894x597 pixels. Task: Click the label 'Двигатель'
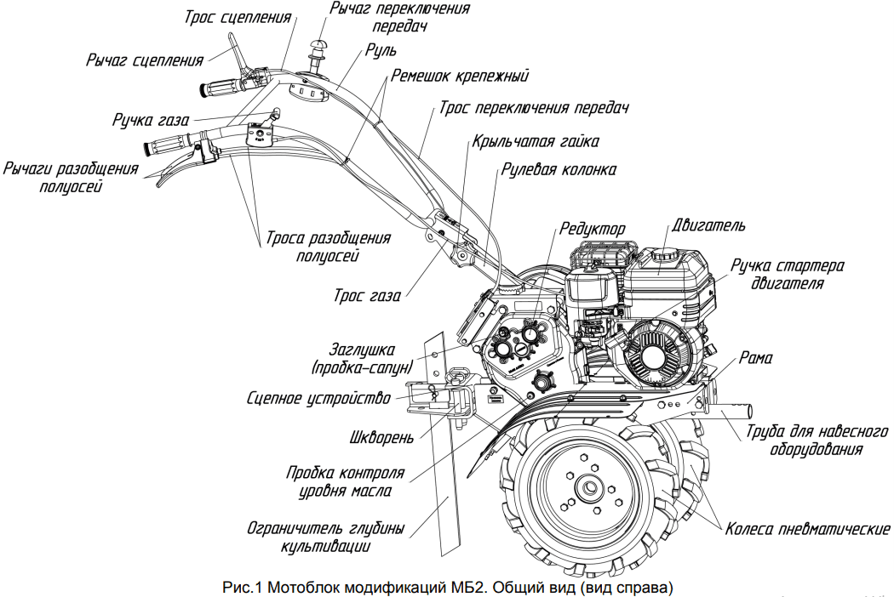point(708,226)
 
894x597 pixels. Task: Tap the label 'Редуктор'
point(593,230)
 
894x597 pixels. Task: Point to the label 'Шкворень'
point(382,439)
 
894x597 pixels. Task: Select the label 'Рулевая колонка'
point(559,170)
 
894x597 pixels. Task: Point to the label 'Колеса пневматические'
point(808,529)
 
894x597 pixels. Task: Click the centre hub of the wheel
point(588,490)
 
